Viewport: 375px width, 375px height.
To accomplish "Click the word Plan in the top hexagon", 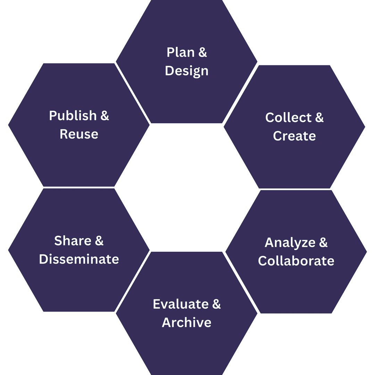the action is (181, 52).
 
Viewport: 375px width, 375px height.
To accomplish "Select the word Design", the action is (186, 71).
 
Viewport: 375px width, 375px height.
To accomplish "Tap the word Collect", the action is (288, 117).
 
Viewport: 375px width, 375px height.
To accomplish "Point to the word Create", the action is (294, 136).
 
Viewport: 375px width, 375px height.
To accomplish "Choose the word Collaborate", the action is (296, 261).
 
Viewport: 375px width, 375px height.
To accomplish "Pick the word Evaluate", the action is (181, 304).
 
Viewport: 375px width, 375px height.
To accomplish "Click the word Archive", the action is (186, 322).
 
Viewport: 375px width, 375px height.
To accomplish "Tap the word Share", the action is (73, 241).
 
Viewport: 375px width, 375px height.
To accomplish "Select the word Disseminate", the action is (79, 259).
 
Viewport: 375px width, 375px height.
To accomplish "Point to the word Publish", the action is (73, 116).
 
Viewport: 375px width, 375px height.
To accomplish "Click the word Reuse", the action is (79, 134).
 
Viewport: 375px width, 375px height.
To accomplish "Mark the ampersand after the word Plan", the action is (202, 52).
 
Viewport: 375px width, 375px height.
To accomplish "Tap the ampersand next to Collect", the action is (319, 117).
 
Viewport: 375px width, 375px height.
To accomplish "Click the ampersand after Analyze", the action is (323, 242).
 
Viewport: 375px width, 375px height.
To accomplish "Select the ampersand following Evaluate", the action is (216, 304).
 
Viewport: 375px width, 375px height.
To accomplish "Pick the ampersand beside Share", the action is (99, 241).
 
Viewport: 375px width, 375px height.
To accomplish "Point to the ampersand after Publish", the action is (105, 116).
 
